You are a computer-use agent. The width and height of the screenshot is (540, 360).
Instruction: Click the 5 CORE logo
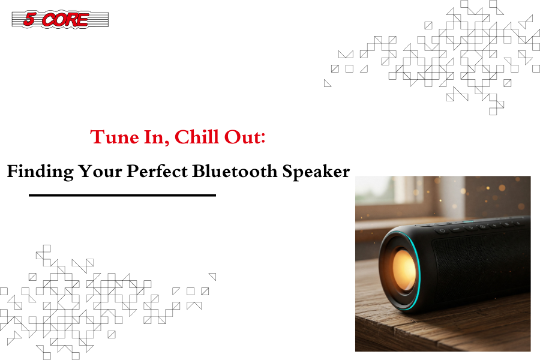point(60,19)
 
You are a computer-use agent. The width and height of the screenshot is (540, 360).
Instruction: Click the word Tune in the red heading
point(115,137)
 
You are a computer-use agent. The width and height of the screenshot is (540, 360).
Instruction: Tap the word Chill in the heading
point(197,137)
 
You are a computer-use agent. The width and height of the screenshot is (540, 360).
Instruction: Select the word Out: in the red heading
point(245,137)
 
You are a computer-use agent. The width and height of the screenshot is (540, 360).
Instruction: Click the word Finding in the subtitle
point(40,172)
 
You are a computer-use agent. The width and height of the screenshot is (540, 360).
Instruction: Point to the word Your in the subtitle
point(100,171)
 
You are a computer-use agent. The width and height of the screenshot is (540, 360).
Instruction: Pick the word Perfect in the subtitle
point(157,171)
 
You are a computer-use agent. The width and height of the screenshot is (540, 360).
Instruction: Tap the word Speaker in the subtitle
point(316,172)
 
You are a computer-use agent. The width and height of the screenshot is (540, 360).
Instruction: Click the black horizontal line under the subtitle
point(122,195)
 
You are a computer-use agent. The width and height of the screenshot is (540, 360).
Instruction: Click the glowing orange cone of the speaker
point(404,270)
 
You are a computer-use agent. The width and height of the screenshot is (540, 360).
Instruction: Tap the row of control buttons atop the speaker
point(479,226)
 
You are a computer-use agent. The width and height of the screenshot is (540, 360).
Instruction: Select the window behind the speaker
point(392,196)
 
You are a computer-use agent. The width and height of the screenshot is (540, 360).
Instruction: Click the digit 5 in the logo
point(29,19)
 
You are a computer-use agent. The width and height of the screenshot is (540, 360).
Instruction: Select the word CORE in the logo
point(65,19)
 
